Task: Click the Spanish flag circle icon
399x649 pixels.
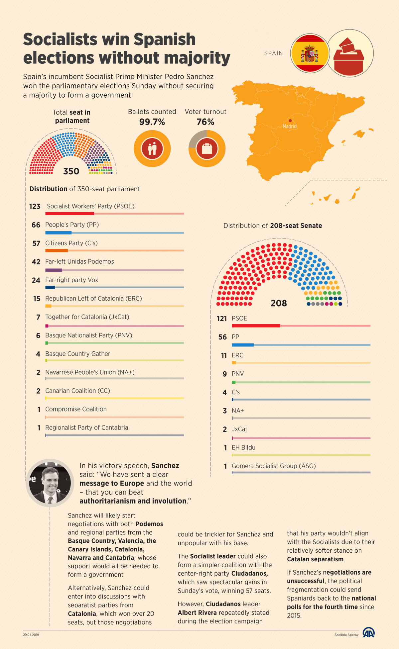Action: point(310,53)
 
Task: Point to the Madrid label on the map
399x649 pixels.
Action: point(290,126)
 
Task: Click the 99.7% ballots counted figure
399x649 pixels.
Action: point(152,122)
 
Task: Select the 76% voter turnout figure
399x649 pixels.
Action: point(205,122)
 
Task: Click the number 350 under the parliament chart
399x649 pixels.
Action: point(71,171)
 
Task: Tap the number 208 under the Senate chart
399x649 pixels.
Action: point(279,303)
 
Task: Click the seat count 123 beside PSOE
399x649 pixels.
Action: point(35,207)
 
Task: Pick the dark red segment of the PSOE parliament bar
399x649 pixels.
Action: point(69,214)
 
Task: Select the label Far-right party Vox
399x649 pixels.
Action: point(71,280)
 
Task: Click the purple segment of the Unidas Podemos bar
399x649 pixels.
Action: point(54,270)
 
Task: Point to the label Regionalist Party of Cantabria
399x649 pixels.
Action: point(86,427)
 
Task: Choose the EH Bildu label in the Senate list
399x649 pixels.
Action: point(243,447)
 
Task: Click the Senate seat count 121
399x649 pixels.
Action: point(222,319)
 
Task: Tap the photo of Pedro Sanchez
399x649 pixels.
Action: point(50,482)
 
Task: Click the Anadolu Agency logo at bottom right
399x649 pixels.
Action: point(368,633)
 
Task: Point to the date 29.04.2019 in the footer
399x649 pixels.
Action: point(31,635)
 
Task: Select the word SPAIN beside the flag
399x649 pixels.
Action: point(274,53)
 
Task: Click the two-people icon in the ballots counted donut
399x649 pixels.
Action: point(152,148)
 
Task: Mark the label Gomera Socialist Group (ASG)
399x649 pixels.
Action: point(274,466)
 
